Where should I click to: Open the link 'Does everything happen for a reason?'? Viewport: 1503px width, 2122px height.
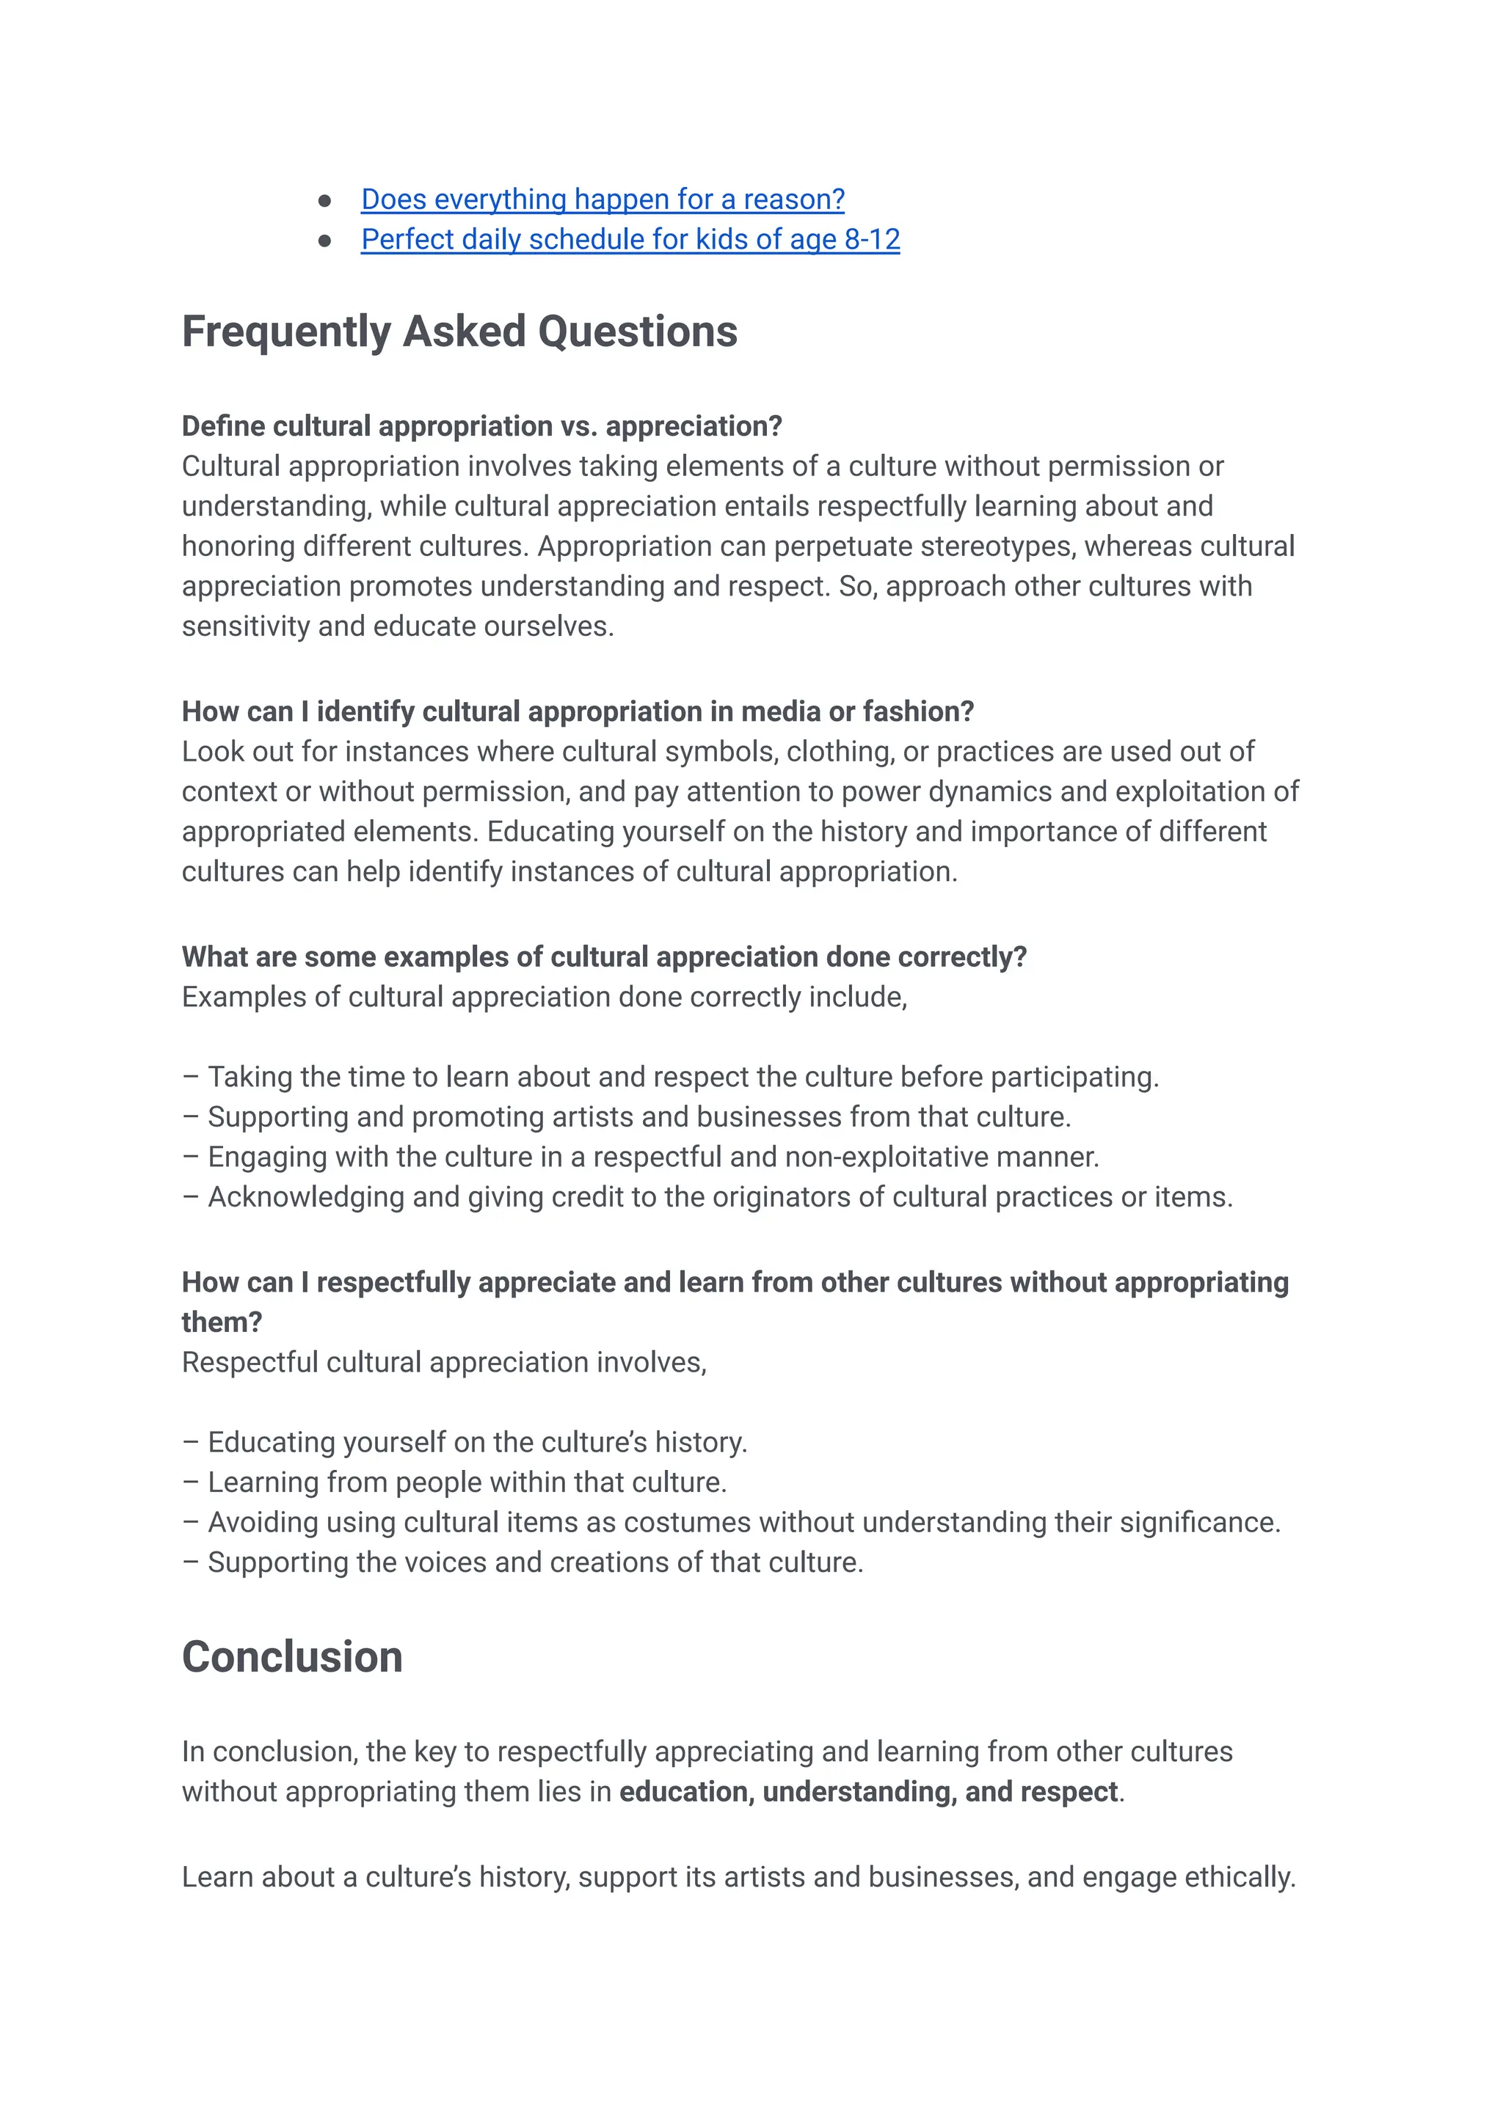(602, 200)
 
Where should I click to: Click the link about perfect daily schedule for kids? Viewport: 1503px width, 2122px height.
(630, 240)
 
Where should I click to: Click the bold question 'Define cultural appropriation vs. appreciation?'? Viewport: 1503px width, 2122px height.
(481, 426)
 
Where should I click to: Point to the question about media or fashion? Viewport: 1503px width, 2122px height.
(578, 711)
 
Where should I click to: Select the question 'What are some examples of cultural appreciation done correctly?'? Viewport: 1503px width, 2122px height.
(603, 956)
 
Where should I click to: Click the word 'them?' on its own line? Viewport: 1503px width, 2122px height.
(221, 1322)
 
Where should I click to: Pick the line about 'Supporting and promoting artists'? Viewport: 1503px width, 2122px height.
(638, 1117)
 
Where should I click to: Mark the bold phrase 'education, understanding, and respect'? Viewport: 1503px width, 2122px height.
(868, 1793)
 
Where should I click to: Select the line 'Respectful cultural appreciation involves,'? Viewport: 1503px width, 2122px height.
(444, 1363)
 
